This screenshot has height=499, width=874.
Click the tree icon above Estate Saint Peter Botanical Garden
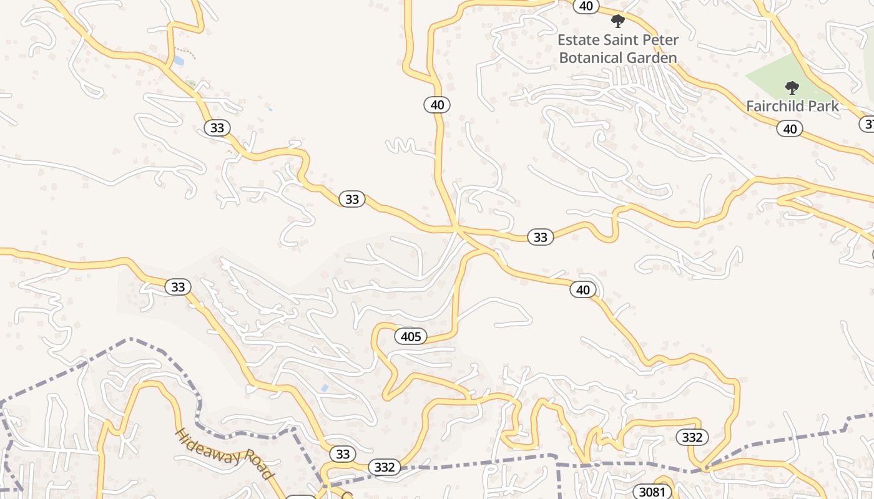618,21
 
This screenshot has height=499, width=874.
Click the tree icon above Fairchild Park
792,87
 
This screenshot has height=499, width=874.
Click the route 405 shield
411,337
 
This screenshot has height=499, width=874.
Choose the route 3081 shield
652,492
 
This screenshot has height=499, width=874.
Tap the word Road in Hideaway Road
260,467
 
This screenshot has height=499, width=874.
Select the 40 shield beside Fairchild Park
790,129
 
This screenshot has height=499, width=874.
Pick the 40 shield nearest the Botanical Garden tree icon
586,6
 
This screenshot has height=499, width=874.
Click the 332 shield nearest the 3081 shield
692,437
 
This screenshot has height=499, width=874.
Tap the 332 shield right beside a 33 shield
384,467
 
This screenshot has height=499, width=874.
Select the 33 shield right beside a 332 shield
343,453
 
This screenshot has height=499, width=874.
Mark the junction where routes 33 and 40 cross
458,230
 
